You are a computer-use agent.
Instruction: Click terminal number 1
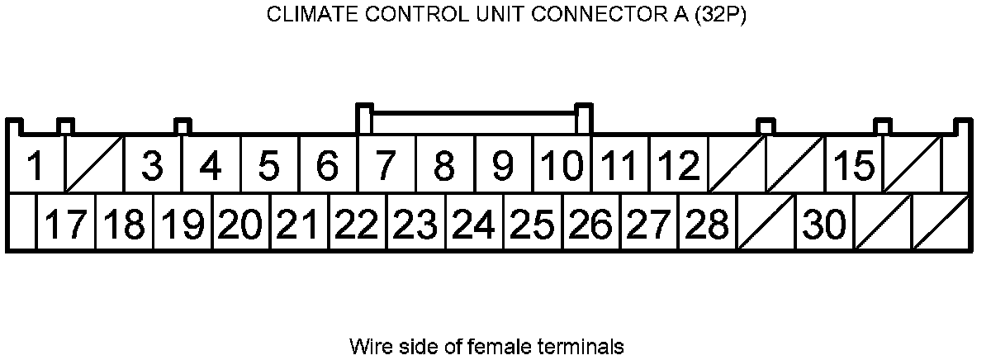(35, 166)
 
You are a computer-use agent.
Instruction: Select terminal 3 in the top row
(152, 166)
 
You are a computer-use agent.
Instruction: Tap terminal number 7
(386, 166)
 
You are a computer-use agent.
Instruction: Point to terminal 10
(561, 166)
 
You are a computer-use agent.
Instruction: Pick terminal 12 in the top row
(678, 166)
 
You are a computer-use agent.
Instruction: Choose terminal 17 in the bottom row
(65, 224)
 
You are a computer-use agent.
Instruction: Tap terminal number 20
(240, 224)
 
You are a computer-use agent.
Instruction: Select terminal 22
(357, 224)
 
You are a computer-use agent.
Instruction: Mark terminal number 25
(532, 224)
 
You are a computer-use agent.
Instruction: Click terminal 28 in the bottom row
(707, 224)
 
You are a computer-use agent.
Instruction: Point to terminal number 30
(824, 224)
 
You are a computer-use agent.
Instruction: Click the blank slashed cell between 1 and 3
(93, 165)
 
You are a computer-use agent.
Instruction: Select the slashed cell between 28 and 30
(766, 224)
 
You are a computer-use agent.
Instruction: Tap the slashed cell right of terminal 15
(913, 165)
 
